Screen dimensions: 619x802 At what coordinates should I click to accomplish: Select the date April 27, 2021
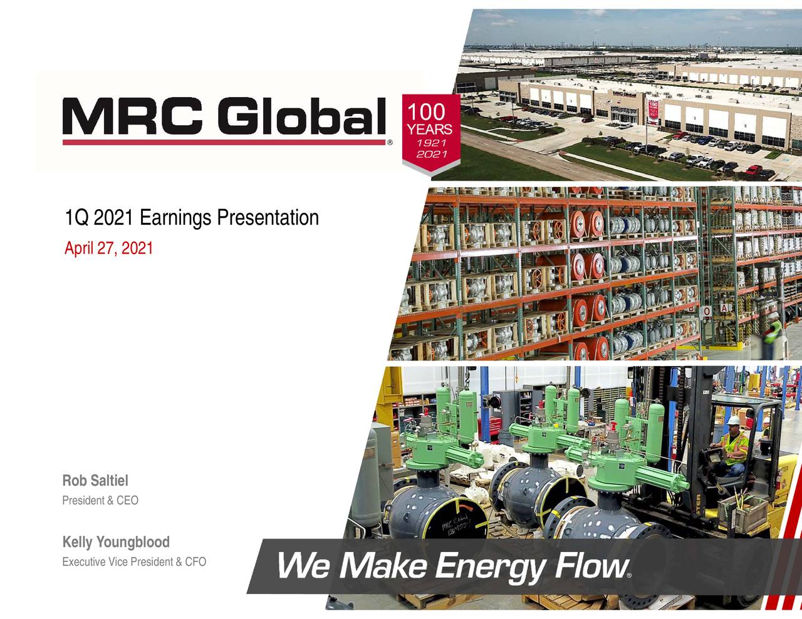[108, 248]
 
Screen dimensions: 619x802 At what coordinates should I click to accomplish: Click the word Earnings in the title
[176, 218]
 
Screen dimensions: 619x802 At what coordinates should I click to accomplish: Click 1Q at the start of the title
[75, 218]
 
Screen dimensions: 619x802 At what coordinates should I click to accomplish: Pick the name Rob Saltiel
[95, 481]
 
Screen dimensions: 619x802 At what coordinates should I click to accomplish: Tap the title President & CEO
[100, 501]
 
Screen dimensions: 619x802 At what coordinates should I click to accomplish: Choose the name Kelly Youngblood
[115, 542]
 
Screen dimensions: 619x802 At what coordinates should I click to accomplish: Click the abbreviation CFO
[194, 562]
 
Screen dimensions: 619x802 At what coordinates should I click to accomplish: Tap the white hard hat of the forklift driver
[731, 421]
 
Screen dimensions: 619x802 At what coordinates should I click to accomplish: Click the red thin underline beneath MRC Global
[224, 142]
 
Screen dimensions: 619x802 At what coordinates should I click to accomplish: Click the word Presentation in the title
[268, 218]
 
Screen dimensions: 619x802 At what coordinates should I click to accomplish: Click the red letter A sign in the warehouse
[724, 309]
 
